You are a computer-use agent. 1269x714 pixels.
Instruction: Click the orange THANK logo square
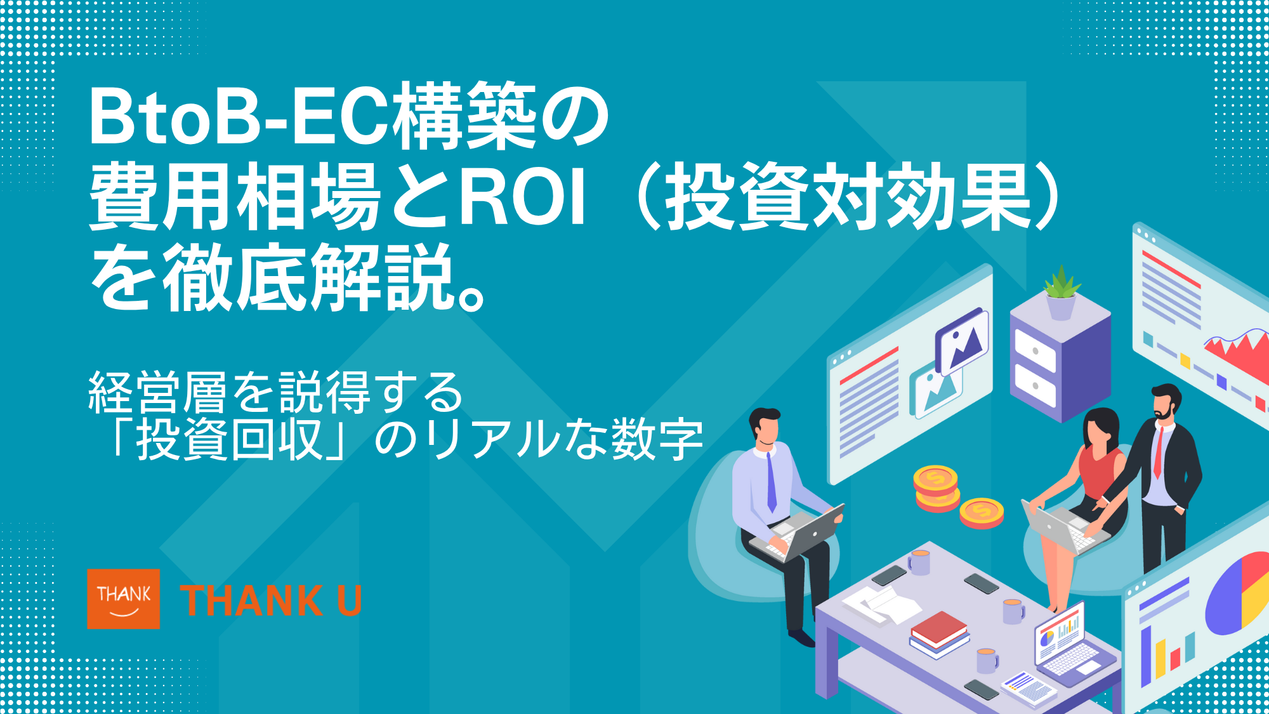pyautogui.click(x=123, y=598)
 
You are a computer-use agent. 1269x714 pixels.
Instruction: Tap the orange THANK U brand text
pyautogui.click(x=271, y=600)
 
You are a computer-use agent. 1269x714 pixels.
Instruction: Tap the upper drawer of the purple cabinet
pyautogui.click(x=1035, y=350)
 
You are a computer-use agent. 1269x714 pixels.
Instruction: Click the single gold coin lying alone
pyautogui.click(x=981, y=512)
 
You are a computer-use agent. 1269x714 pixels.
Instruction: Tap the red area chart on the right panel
pyautogui.click(x=1237, y=353)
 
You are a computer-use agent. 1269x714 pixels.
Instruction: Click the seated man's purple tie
pyautogui.click(x=771, y=482)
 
